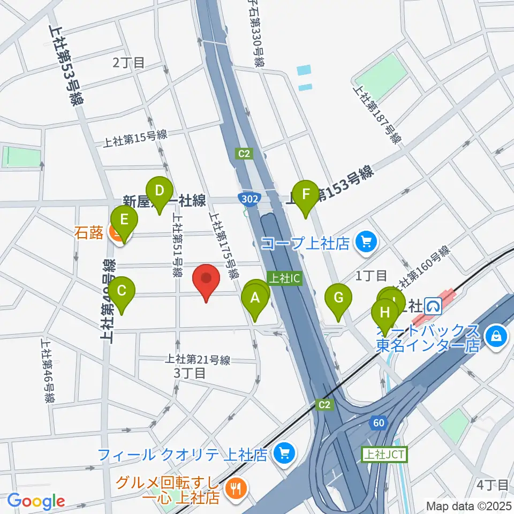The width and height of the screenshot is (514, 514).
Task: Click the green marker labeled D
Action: (x=159, y=191)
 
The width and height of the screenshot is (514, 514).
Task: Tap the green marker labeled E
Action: (x=124, y=220)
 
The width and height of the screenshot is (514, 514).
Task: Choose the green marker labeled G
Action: (x=338, y=297)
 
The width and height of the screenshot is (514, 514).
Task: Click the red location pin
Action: (x=207, y=279)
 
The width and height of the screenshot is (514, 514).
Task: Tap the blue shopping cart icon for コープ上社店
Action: (x=366, y=243)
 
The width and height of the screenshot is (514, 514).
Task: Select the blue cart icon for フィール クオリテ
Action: (x=282, y=455)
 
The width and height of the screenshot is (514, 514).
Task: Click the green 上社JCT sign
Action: (x=384, y=455)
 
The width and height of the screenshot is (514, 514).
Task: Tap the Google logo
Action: (x=36, y=502)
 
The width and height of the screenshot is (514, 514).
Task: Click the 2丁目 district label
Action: (x=128, y=63)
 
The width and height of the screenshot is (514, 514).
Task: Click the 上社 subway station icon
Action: (x=432, y=306)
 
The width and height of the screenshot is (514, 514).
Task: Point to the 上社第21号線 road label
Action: (x=198, y=360)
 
